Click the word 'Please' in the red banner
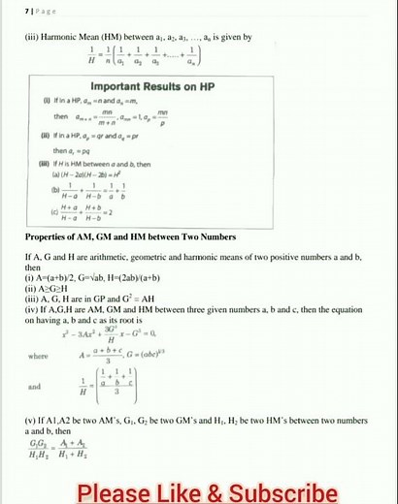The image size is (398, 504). tap(110, 491)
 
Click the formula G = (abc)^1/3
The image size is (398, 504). tap(210, 355)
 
